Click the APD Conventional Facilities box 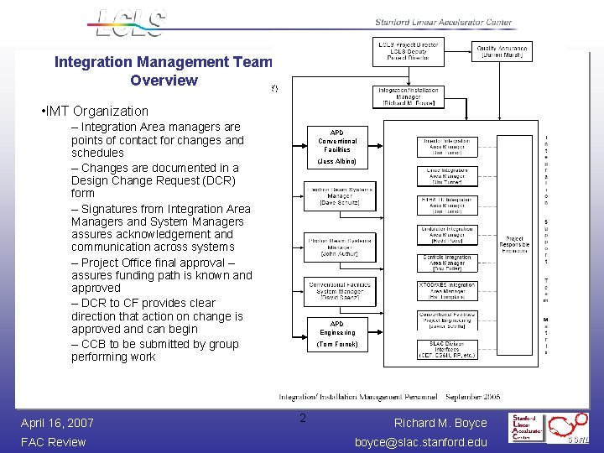click(x=336, y=146)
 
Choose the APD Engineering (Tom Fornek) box click(x=336, y=333)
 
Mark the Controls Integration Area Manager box click(x=447, y=263)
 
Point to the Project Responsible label click(x=514, y=244)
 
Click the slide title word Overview click(x=164, y=81)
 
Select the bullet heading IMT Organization click(x=94, y=111)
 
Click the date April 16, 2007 click(x=57, y=423)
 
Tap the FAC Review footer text click(x=54, y=442)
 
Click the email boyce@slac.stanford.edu click(x=420, y=442)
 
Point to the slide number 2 click(x=304, y=419)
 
